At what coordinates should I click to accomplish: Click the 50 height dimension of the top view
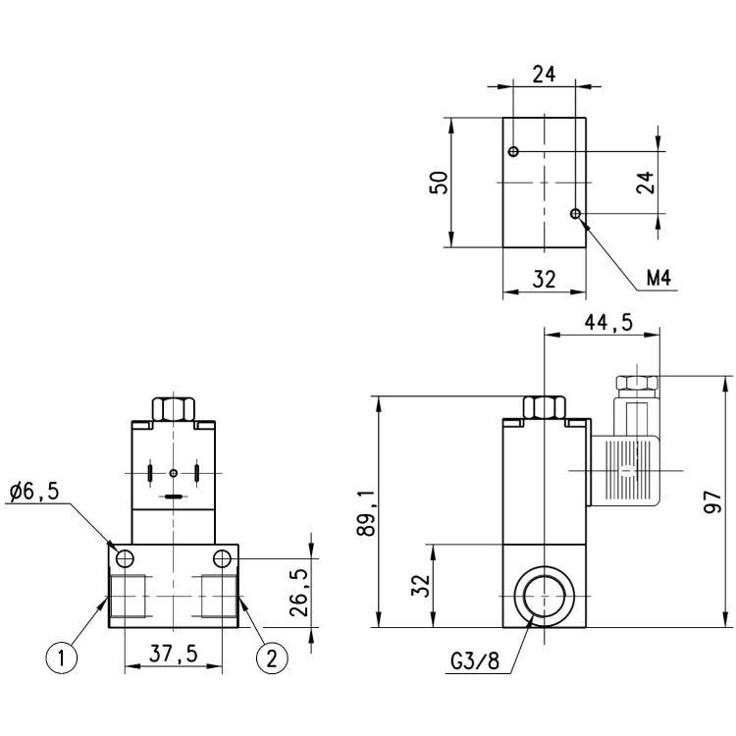(441, 183)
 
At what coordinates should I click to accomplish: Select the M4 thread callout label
(658, 280)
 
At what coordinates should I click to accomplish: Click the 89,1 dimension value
(367, 510)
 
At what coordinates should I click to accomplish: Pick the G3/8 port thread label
(475, 660)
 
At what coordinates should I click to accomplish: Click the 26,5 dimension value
(300, 586)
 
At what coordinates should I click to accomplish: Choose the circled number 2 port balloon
(271, 657)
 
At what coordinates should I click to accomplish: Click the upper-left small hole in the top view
(513, 151)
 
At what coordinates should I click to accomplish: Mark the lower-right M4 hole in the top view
(576, 213)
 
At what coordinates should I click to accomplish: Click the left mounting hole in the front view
(124, 558)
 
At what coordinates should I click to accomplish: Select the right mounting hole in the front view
(223, 558)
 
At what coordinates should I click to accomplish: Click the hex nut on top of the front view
(174, 407)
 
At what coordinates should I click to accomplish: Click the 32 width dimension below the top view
(544, 280)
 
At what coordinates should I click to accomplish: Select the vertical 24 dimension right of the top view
(644, 183)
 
